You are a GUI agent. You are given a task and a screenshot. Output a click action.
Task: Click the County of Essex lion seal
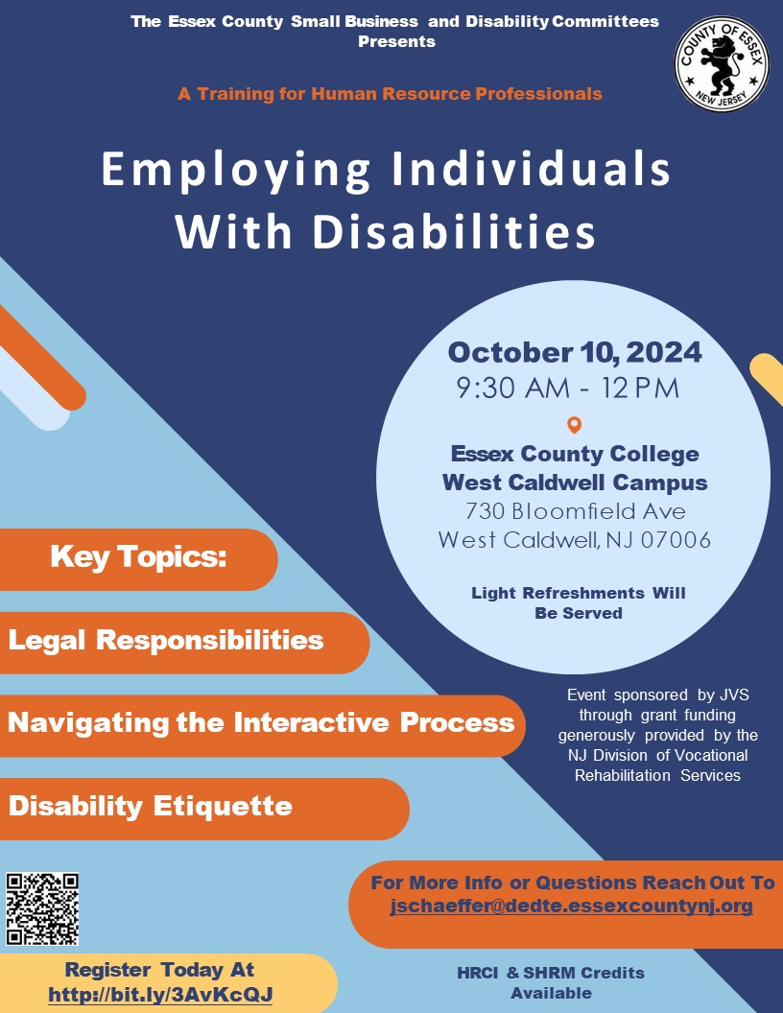click(x=722, y=64)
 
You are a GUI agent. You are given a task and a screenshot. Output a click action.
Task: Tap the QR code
click(x=42, y=909)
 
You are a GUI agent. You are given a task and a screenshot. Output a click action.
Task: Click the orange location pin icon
click(x=575, y=425)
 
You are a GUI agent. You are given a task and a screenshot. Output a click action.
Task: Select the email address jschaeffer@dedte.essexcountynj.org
click(x=571, y=906)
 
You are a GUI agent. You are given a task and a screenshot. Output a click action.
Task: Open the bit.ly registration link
click(x=160, y=994)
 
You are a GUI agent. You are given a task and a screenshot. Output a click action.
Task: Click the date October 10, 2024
click(x=575, y=353)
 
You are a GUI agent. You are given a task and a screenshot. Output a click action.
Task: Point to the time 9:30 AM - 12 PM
click(x=568, y=389)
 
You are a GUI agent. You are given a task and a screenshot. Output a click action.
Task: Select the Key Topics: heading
click(x=138, y=557)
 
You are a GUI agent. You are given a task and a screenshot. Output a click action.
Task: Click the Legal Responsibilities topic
click(x=166, y=640)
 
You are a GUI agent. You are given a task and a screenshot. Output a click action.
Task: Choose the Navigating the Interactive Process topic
click(x=261, y=723)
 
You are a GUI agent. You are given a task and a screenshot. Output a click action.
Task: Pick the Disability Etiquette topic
click(x=151, y=806)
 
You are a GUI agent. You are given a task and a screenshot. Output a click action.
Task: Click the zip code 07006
click(x=676, y=539)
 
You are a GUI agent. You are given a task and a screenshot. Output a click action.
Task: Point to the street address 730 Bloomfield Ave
click(x=575, y=511)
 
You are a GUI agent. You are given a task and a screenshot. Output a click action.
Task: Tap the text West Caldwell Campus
click(x=575, y=483)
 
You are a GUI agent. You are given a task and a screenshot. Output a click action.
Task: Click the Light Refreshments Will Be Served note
click(x=579, y=602)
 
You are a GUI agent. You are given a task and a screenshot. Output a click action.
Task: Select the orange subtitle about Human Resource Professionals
click(x=391, y=94)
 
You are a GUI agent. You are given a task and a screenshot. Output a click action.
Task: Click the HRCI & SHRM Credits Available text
click(x=551, y=982)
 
